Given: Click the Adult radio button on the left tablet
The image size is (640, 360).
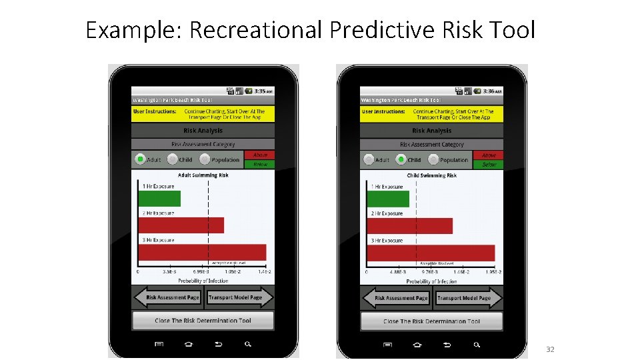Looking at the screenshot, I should (140, 159).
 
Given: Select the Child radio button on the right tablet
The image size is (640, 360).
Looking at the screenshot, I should (401, 159).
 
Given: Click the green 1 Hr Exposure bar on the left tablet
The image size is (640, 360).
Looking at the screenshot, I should (159, 198).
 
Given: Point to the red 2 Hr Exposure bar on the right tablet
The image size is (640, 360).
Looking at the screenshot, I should (409, 225).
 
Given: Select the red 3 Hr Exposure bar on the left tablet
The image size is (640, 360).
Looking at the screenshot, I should (202, 252).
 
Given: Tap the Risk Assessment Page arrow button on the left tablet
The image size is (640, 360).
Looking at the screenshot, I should (168, 297).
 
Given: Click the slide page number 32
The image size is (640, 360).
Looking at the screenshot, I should (550, 349).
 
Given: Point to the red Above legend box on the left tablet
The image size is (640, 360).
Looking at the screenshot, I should (260, 155).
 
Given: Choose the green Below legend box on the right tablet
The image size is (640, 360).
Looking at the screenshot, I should (489, 164).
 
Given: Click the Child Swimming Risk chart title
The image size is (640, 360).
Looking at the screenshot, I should (431, 175).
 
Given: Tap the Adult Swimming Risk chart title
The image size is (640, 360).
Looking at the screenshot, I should (203, 175).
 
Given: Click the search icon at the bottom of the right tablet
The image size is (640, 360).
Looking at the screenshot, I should (477, 345).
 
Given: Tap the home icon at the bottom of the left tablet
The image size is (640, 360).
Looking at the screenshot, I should (188, 344).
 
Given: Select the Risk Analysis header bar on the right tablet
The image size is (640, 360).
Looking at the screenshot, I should (431, 131).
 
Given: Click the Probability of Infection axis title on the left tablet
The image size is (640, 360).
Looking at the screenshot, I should (203, 281).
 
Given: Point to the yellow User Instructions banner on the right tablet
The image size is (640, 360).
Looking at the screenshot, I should (431, 114).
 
